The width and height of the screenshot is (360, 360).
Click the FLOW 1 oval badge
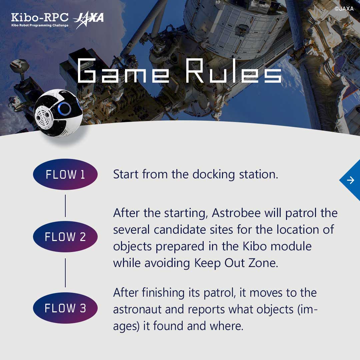coord(65,174)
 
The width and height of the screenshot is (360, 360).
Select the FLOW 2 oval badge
coord(65,237)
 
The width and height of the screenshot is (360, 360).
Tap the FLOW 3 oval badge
coord(65,308)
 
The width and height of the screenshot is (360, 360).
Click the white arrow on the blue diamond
coord(350,180)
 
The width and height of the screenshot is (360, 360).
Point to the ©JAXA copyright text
coord(344,9)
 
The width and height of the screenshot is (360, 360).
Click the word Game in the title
coord(123,71)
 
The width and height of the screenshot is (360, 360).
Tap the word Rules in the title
coord(233,71)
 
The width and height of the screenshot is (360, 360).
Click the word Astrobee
coord(237,213)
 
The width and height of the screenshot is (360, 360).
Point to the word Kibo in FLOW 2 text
coord(251,246)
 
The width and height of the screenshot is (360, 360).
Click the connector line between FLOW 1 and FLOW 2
coord(65,206)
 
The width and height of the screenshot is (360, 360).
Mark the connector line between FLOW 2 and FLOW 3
coord(65,272)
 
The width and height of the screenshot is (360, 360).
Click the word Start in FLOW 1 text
coord(126,174)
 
